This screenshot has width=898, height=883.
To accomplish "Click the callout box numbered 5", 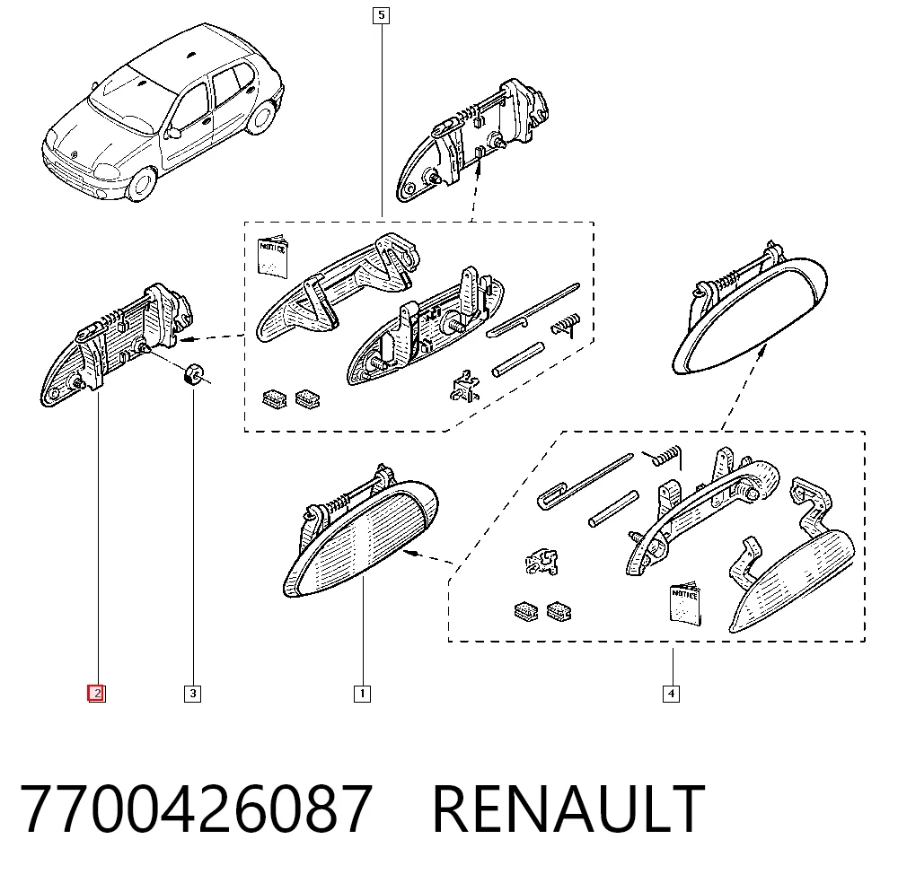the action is pyautogui.click(x=381, y=15).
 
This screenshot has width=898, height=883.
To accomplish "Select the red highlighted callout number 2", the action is pyautogui.click(x=96, y=694).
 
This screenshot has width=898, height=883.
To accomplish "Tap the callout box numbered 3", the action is pyautogui.click(x=192, y=694).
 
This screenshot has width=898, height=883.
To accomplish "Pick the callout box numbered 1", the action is pyautogui.click(x=362, y=694).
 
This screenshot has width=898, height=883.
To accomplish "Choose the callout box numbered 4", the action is pyautogui.click(x=671, y=695).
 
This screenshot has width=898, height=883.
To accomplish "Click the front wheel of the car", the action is pyautogui.click(x=142, y=183).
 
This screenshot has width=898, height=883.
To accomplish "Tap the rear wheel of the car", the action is pyautogui.click(x=261, y=117).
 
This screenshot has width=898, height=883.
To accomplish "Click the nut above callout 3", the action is pyautogui.click(x=191, y=374).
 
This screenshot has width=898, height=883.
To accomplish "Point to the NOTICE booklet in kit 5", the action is pyautogui.click(x=273, y=256).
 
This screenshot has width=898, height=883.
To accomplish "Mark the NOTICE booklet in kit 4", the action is pyautogui.click(x=685, y=604).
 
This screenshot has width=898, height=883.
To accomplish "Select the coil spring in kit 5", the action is pyautogui.click(x=566, y=325).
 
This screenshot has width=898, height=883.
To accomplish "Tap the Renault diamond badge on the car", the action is pyautogui.click(x=74, y=154).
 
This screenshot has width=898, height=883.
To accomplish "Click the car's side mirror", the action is pyautogui.click(x=172, y=132).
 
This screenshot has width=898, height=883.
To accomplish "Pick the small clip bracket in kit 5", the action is pyautogui.click(x=464, y=386).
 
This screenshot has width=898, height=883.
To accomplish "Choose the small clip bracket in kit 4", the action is pyautogui.click(x=541, y=562).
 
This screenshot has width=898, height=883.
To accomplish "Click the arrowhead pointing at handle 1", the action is pyautogui.click(x=409, y=552).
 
